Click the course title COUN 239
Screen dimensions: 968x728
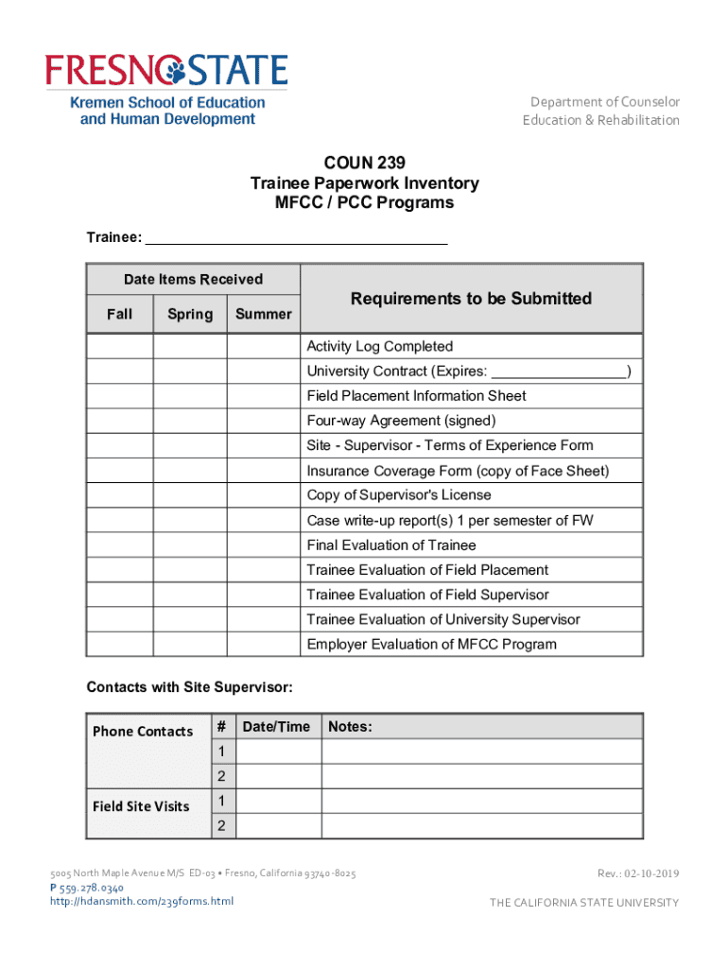364,163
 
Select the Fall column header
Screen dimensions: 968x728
120,314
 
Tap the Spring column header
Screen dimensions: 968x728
190,314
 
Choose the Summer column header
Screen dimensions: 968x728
264,314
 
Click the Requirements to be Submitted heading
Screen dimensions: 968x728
471,299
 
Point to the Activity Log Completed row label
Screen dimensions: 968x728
379,347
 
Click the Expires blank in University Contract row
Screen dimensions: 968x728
559,372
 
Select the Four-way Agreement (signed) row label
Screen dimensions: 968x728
401,421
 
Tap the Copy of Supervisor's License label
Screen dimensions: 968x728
399,495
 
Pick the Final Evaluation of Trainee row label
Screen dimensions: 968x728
390,545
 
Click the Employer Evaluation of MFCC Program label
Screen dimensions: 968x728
431,645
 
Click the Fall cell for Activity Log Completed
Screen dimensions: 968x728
120,347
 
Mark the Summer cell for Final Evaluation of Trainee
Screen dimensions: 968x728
264,545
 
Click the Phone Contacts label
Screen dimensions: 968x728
143,732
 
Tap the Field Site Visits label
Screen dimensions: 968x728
141,806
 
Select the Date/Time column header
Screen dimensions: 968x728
276,727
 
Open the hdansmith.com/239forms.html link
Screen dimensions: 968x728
142,901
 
